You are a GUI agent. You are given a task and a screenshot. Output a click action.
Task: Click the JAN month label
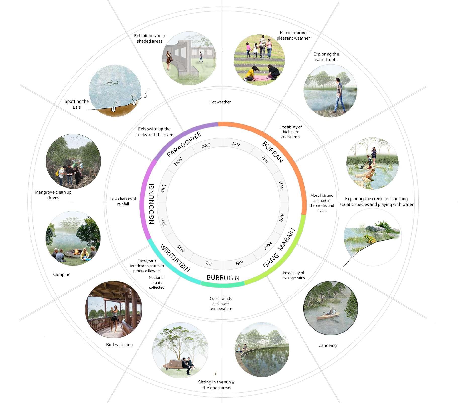[x=236, y=144]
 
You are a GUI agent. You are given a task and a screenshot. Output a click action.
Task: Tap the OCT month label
[x=163, y=188]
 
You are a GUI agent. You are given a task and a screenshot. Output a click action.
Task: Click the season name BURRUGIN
[x=223, y=278]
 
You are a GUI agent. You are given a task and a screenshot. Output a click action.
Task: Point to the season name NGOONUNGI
[x=151, y=204]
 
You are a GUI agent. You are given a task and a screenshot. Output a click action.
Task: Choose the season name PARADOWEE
[x=184, y=144]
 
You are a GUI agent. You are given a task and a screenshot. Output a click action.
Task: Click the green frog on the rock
[x=370, y=239]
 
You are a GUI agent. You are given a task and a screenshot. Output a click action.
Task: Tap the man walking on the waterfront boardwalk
[x=338, y=95]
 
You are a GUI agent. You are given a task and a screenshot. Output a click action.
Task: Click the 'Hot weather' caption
[x=220, y=102]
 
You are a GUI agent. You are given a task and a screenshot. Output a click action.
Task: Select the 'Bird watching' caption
[x=119, y=345]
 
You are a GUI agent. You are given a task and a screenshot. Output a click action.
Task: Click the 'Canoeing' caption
[x=327, y=345]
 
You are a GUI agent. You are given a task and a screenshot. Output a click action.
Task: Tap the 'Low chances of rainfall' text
[x=123, y=201]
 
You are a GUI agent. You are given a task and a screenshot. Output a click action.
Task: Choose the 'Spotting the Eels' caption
[x=77, y=104]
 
